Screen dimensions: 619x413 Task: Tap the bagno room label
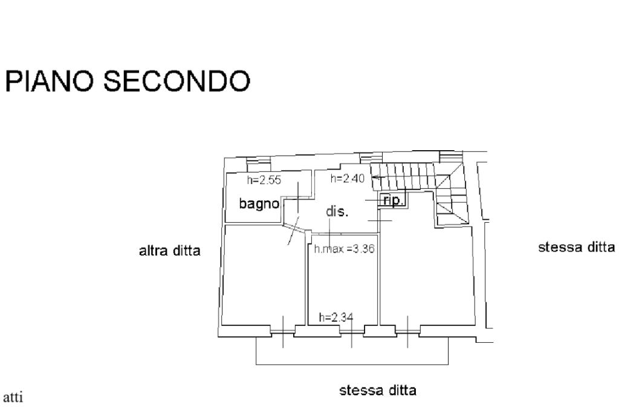[259, 203]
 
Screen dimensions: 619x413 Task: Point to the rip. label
[394, 200]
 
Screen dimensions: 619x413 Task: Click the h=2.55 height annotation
[264, 180]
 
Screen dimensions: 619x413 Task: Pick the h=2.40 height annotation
[348, 178]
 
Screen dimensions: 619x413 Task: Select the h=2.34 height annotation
[335, 317]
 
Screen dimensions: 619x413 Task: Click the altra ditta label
[170, 250]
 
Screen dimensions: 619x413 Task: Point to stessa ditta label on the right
[576, 247]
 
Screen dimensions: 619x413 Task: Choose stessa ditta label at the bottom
[378, 390]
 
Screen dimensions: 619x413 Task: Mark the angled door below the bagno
[294, 231]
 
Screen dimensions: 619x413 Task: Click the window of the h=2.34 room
[351, 331]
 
